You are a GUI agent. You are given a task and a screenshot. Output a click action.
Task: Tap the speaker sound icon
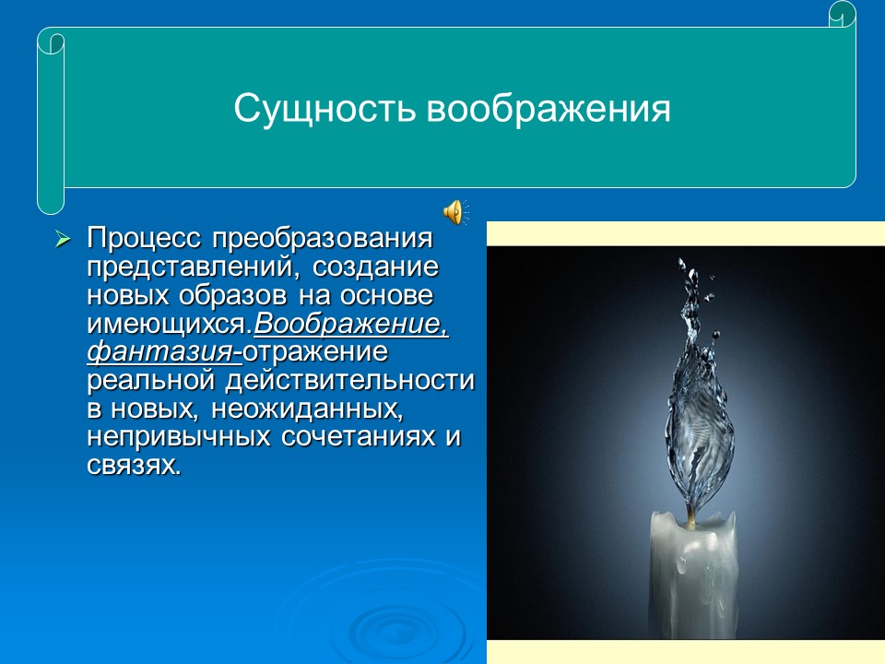[x=454, y=212]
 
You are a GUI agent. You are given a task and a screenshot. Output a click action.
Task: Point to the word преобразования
[x=323, y=239]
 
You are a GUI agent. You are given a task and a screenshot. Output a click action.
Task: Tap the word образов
[x=235, y=296]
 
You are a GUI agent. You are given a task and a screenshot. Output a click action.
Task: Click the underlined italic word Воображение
[x=350, y=325]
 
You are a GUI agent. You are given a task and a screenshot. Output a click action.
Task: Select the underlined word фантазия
[x=160, y=353]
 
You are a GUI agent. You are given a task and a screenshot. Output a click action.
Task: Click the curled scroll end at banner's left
[x=50, y=120]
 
